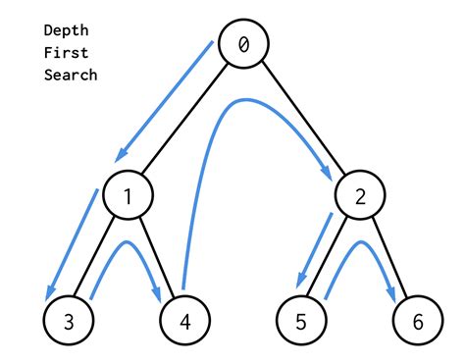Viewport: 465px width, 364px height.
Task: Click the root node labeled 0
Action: pyautogui.click(x=242, y=45)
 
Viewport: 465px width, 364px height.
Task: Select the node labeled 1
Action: pyautogui.click(x=129, y=197)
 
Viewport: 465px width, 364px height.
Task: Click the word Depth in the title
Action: pyautogui.click(x=67, y=29)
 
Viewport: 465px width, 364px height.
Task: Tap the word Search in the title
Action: pyautogui.click(x=71, y=75)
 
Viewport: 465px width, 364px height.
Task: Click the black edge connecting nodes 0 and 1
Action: pyautogui.click(x=185, y=121)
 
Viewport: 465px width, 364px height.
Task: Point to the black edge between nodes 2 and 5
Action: pyautogui.click(x=330, y=257)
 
